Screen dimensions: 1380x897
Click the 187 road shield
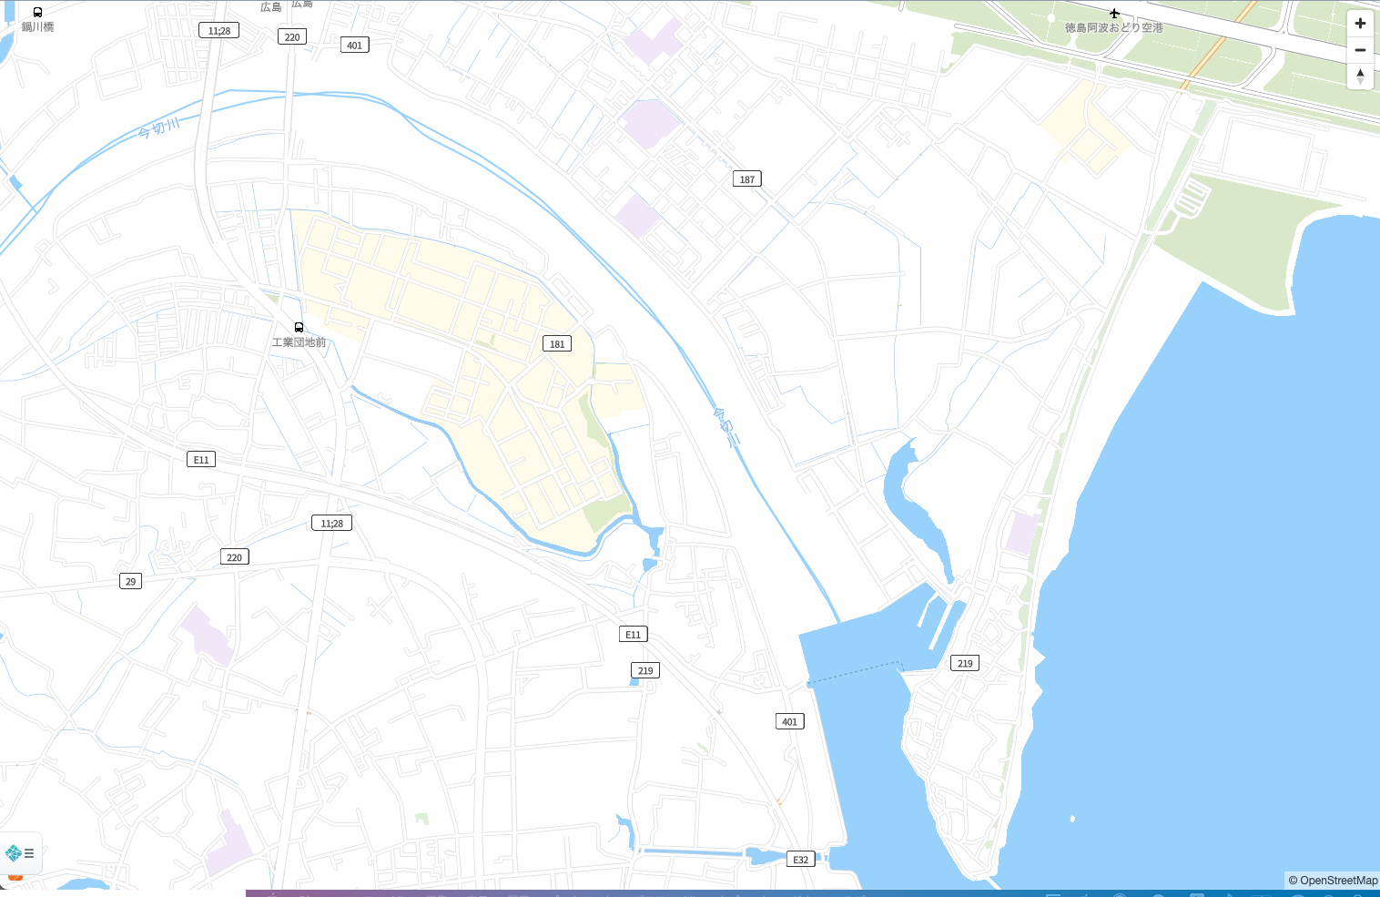746,179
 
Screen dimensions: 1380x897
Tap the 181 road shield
557,343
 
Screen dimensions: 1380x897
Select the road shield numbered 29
130,581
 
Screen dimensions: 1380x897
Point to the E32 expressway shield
800,860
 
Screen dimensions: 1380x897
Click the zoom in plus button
1360,24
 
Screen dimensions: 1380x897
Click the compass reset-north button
1360,76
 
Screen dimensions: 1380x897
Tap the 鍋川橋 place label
37,27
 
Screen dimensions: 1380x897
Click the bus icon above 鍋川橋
37,12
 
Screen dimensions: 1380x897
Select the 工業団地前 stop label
299,342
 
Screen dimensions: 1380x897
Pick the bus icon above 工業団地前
299,327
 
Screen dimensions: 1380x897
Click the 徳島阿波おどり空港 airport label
1114,28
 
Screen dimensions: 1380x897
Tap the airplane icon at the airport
1114,14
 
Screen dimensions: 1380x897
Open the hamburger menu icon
29,853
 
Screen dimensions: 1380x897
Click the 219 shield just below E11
644,670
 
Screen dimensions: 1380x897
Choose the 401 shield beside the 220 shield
354,45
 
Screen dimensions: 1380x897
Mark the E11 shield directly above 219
633,635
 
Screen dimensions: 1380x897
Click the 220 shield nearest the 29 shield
234,557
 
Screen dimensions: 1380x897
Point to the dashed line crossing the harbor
854,674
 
